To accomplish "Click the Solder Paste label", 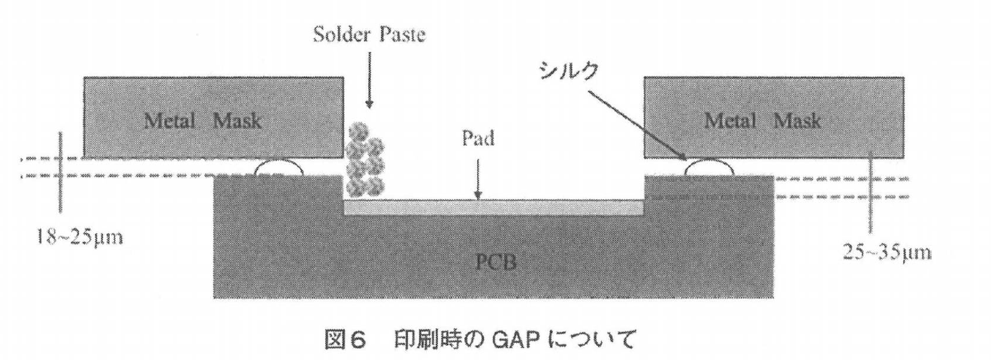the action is pyautogui.click(x=369, y=36).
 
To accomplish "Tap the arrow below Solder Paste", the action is pyautogui.click(x=369, y=90).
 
